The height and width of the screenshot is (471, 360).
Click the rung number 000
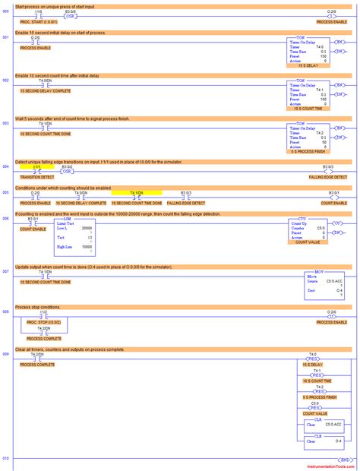click(x=5, y=12)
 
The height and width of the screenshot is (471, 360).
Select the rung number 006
click(x=5, y=218)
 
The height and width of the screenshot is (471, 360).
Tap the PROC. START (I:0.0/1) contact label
click(x=37, y=22)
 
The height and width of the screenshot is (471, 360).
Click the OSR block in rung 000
click(x=69, y=15)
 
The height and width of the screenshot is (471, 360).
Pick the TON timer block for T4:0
click(x=308, y=52)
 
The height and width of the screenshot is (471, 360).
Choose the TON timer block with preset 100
click(x=308, y=95)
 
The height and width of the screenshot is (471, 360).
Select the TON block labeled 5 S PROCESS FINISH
click(x=308, y=137)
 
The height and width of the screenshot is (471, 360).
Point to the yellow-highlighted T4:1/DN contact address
click(x=136, y=194)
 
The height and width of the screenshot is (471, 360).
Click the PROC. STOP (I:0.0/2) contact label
click(x=43, y=322)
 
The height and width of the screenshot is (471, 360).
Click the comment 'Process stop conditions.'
click(x=39, y=306)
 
